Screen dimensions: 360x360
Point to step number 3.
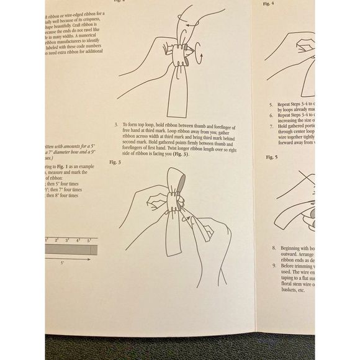point(116,126)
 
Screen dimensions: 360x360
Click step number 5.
point(271,105)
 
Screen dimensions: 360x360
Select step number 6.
point(271,115)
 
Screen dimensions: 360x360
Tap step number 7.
point(271,126)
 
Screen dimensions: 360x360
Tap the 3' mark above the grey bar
point(67,239)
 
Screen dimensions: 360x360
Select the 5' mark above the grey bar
point(89,239)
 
